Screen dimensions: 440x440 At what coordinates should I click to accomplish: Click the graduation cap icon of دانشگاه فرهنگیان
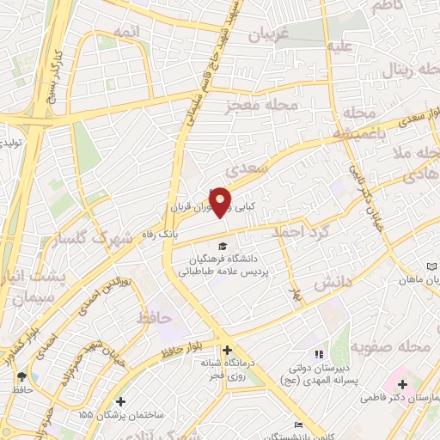[223, 248]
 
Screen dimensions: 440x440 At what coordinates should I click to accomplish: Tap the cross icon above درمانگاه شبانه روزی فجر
[227, 350]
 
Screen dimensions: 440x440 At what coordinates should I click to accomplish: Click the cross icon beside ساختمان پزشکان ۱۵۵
[120, 401]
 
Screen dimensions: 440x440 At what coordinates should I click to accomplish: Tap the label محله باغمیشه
[357, 125]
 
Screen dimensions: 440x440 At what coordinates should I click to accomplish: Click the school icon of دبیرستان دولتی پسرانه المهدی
[317, 353]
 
